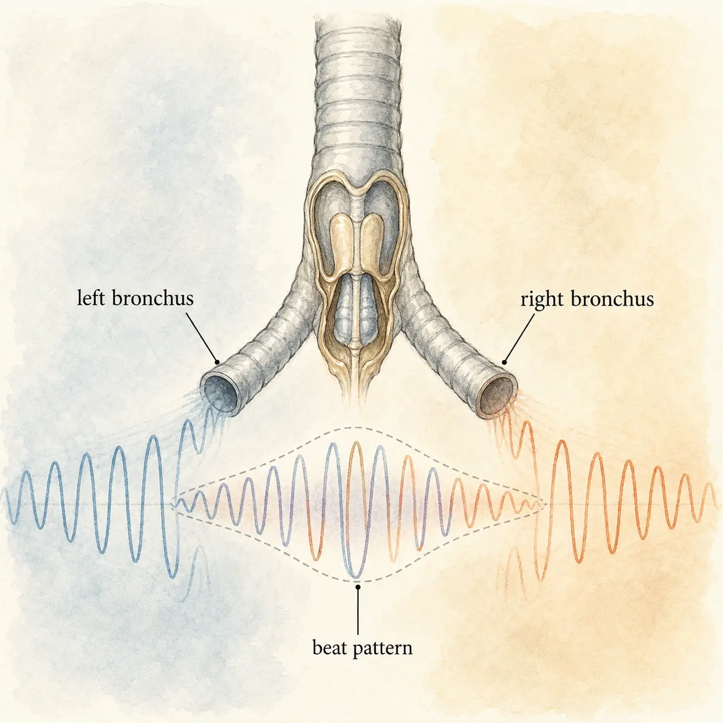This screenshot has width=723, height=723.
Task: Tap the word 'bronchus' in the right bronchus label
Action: (x=613, y=299)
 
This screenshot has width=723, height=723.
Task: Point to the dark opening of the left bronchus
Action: (x=220, y=394)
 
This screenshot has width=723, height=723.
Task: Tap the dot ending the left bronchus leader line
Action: (x=217, y=363)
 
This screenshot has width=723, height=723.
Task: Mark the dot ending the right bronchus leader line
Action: (x=504, y=363)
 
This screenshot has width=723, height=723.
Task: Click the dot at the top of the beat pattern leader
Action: (x=358, y=586)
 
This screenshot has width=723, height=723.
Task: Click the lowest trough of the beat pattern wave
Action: (x=355, y=575)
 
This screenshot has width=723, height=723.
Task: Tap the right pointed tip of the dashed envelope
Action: (x=545, y=504)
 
